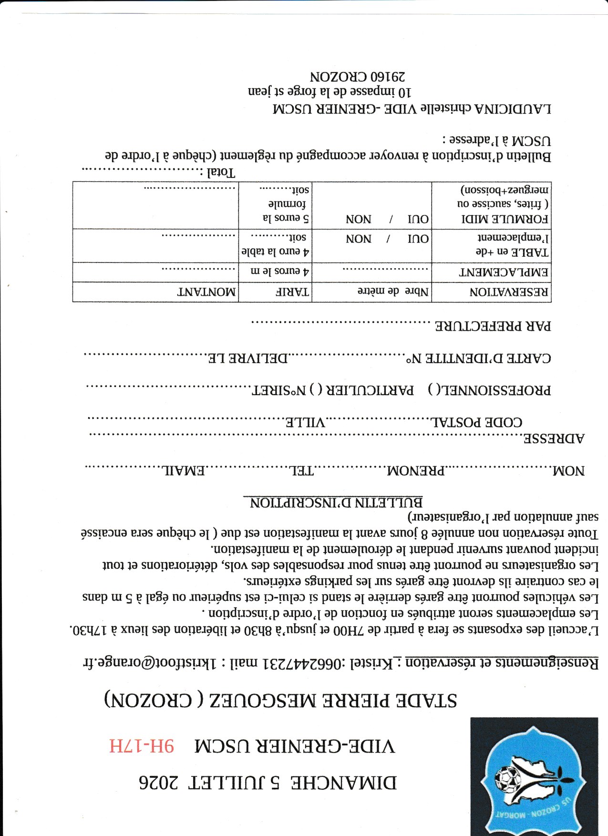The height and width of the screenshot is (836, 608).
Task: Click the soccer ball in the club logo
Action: point(507,778)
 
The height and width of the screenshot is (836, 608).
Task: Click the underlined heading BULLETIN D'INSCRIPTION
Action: point(337,502)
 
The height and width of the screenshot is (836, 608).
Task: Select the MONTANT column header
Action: point(206,292)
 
